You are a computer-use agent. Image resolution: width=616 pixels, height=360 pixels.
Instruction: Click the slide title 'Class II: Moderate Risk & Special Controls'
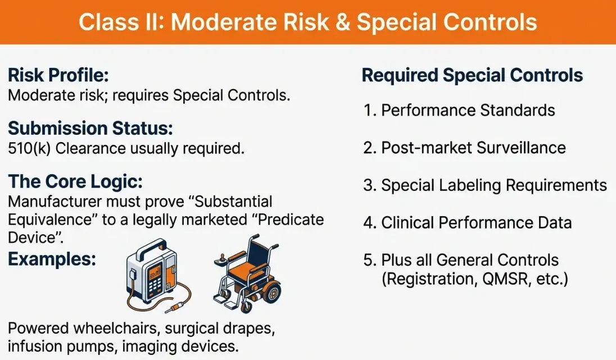[307, 22]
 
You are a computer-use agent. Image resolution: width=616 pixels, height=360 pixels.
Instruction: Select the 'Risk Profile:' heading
[58, 75]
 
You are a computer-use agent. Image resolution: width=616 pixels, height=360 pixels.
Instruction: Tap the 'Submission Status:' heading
[90, 129]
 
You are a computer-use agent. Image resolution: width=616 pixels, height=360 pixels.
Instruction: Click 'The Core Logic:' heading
[75, 182]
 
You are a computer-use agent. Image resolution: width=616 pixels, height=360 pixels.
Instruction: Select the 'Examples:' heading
[51, 259]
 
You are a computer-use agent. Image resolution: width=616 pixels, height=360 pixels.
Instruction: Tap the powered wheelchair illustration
[246, 275]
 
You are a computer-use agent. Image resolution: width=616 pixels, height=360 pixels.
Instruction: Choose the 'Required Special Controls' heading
[472, 75]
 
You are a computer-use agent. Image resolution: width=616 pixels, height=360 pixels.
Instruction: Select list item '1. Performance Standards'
[459, 110]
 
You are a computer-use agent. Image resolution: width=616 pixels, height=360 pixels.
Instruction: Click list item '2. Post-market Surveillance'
[464, 147]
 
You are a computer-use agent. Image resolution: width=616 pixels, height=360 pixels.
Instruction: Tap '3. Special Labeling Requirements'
[484, 185]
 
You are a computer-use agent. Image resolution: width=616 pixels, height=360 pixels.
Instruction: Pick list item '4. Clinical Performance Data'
[467, 222]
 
